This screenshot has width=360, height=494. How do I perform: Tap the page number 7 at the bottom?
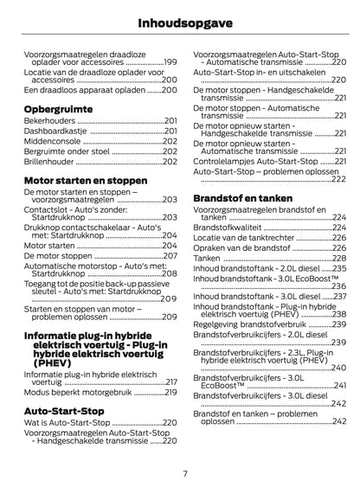(x=184, y=472)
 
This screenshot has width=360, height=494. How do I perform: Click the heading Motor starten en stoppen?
(x=86, y=182)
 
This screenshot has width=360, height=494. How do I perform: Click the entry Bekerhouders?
(x=49, y=122)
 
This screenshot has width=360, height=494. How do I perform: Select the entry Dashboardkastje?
(x=55, y=131)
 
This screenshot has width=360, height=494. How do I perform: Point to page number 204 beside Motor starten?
(x=170, y=246)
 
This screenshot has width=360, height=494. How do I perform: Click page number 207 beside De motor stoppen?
(x=170, y=256)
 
